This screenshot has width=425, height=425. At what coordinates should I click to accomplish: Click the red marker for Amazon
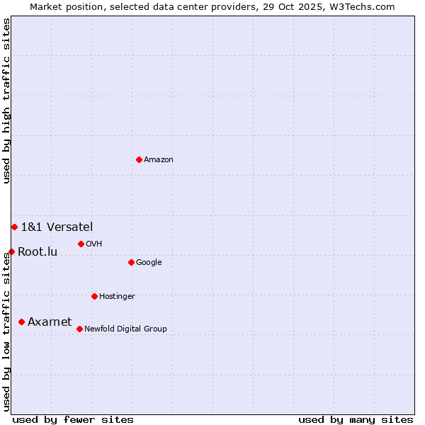(139, 159)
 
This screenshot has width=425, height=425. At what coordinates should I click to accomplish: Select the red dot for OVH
(81, 244)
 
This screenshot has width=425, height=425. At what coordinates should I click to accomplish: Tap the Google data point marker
(131, 262)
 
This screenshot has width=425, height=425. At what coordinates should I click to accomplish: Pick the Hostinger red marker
(94, 296)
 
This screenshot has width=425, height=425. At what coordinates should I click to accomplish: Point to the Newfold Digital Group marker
(79, 329)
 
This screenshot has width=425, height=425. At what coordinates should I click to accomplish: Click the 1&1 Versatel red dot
(14, 227)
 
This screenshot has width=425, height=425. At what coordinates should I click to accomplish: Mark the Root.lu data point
(11, 251)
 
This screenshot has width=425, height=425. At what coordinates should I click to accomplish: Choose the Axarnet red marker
(21, 322)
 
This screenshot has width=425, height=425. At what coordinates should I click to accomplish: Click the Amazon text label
(159, 160)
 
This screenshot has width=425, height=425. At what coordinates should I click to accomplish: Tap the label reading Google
(149, 263)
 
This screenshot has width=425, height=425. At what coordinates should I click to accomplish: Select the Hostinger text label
(117, 297)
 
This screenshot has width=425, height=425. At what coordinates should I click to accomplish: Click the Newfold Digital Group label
(125, 329)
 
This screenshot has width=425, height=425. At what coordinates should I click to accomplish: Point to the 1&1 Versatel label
(57, 227)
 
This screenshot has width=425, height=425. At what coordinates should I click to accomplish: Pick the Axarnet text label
(50, 322)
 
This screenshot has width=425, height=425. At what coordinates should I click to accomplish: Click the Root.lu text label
(38, 251)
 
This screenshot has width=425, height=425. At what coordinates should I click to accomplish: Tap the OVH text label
(94, 244)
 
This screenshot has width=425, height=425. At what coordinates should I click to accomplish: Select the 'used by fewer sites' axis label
(73, 419)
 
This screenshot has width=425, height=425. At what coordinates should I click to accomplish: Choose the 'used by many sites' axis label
(356, 419)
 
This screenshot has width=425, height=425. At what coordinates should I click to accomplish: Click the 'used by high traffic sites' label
(6, 101)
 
